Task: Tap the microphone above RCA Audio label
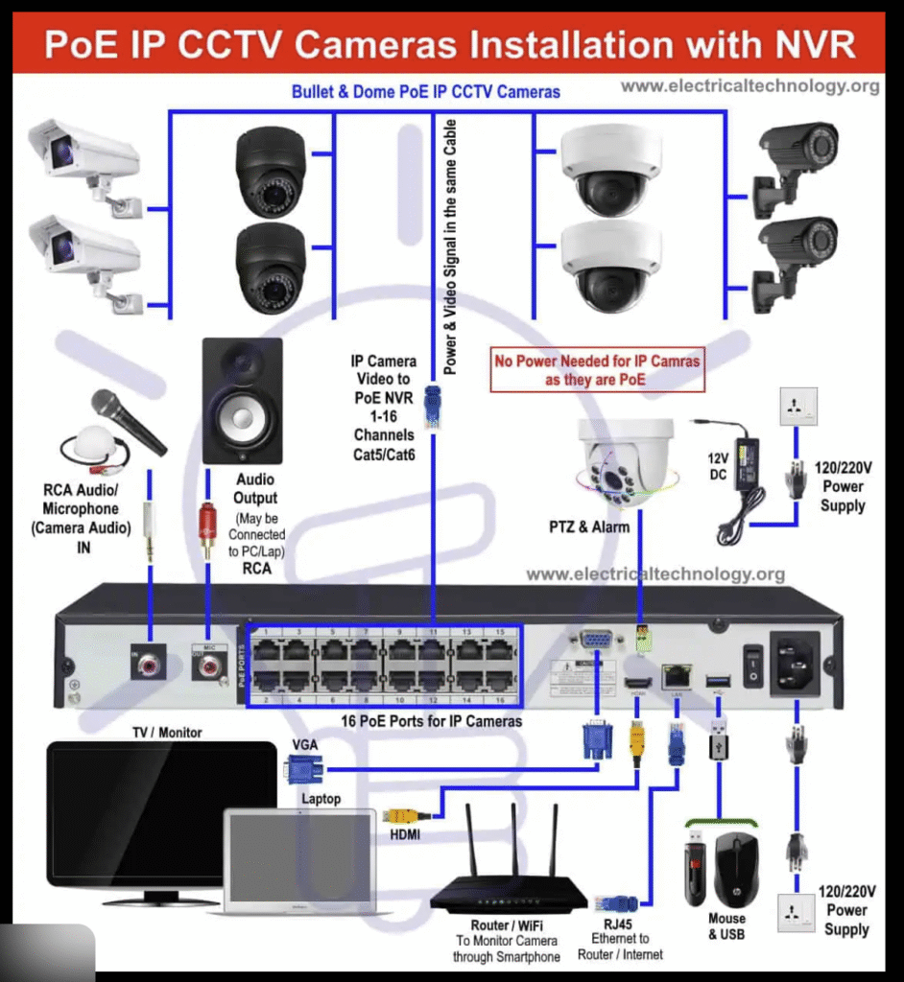pyautogui.click(x=127, y=420)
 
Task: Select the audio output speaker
pyautogui.click(x=242, y=401)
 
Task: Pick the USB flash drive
pyautogui.click(x=696, y=869)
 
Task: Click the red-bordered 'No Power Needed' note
pyautogui.click(x=597, y=371)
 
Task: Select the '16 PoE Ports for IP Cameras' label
pyautogui.click(x=432, y=720)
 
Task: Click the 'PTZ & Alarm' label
pyautogui.click(x=589, y=526)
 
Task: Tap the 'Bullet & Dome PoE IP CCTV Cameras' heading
pyautogui.click(x=425, y=92)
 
